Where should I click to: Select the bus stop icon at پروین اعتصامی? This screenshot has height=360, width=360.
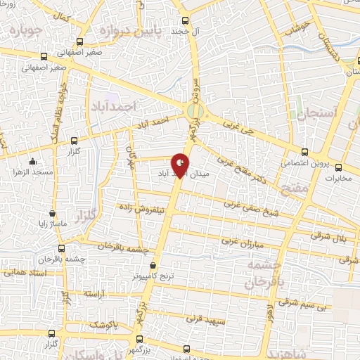pyautogui.click(x=304, y=152)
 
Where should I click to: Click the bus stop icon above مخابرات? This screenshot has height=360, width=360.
pyautogui.click(x=339, y=167)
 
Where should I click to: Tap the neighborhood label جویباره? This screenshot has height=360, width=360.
pyautogui.click(x=21, y=30)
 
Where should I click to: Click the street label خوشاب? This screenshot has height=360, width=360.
pyautogui.click(x=298, y=30)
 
